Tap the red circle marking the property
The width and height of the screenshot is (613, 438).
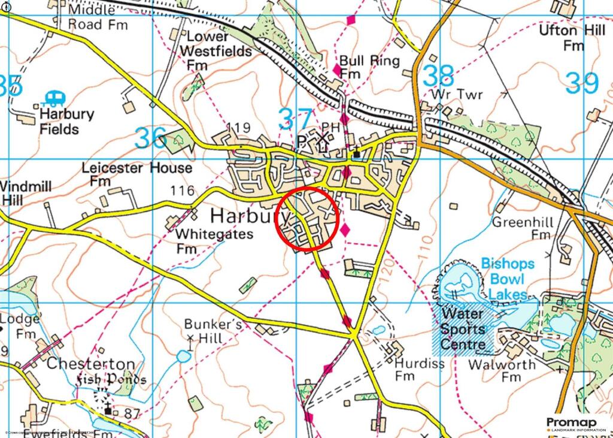tap(307, 218)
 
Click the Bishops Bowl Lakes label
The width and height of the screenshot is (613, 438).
tap(507, 279)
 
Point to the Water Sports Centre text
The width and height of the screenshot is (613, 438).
tap(463, 329)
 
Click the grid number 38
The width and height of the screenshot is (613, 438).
tap(438, 76)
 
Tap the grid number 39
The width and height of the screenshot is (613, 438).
tap(581, 83)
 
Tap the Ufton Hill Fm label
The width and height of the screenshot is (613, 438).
tap(572, 38)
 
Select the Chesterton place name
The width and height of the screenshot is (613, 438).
tap(90, 364)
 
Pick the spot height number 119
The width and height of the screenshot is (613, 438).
tap(239, 127)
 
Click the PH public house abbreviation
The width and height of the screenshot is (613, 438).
tap(330, 126)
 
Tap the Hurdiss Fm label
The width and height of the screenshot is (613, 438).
tap(419, 369)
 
